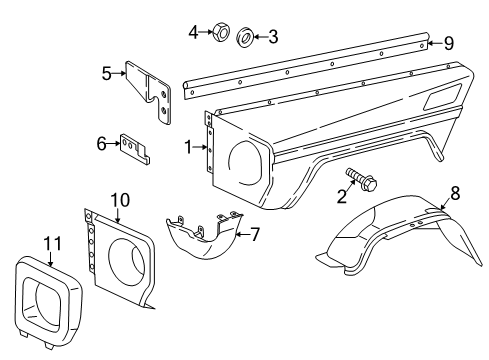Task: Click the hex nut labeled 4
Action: point(221,32)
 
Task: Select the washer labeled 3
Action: point(245,38)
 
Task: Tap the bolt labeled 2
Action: point(362,179)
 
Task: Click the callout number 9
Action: point(449,43)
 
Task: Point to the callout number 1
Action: point(189,147)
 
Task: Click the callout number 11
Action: point(53,244)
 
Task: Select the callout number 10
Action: point(120,200)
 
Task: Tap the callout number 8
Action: point(455,193)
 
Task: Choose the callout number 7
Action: point(255,234)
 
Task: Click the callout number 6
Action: point(101,144)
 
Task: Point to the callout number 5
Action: point(106,73)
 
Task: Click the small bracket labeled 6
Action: point(135,149)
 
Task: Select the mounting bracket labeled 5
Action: point(149,92)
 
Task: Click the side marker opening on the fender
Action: point(442,97)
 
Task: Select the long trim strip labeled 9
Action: point(305,66)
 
